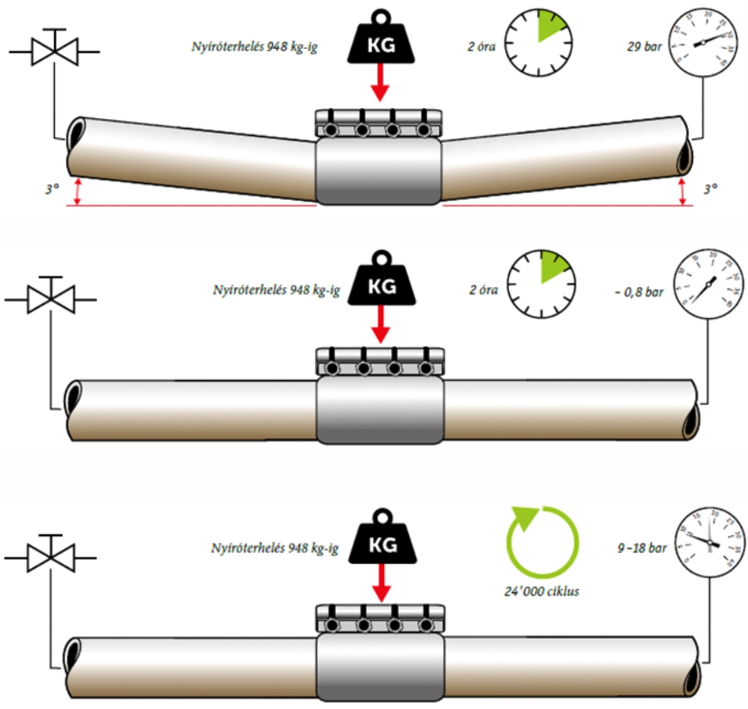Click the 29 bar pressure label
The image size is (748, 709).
(x=640, y=40)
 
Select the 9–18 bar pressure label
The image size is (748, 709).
(x=642, y=547)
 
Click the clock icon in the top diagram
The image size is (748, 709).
(x=537, y=40)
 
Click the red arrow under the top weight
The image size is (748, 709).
(x=380, y=83)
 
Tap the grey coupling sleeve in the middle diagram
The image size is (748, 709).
(x=380, y=409)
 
